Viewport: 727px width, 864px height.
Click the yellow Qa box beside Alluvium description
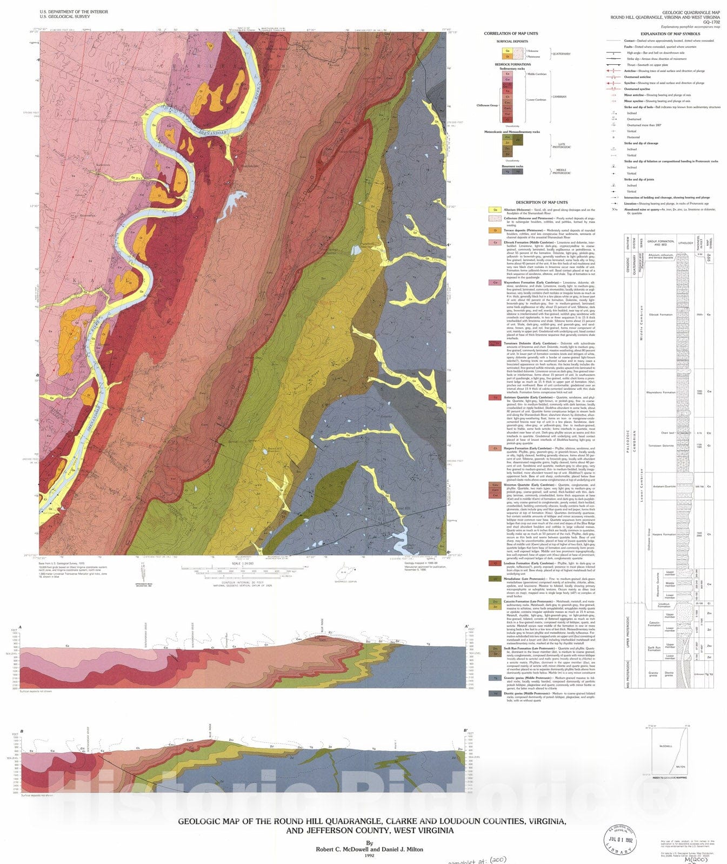(x=493, y=210)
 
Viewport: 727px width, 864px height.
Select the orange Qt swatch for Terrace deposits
(x=493, y=230)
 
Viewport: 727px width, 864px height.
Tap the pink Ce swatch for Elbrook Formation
(x=493, y=242)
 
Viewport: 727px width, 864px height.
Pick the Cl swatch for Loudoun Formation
(x=493, y=563)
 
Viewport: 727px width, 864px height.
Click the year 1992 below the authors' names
(x=369, y=855)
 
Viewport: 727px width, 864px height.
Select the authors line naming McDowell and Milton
(x=369, y=849)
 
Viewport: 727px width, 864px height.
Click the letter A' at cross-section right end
(x=466, y=626)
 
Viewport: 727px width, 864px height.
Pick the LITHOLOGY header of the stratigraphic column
(x=685, y=243)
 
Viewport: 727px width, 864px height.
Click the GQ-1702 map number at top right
(x=712, y=22)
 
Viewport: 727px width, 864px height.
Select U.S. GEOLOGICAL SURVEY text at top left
(x=64, y=17)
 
